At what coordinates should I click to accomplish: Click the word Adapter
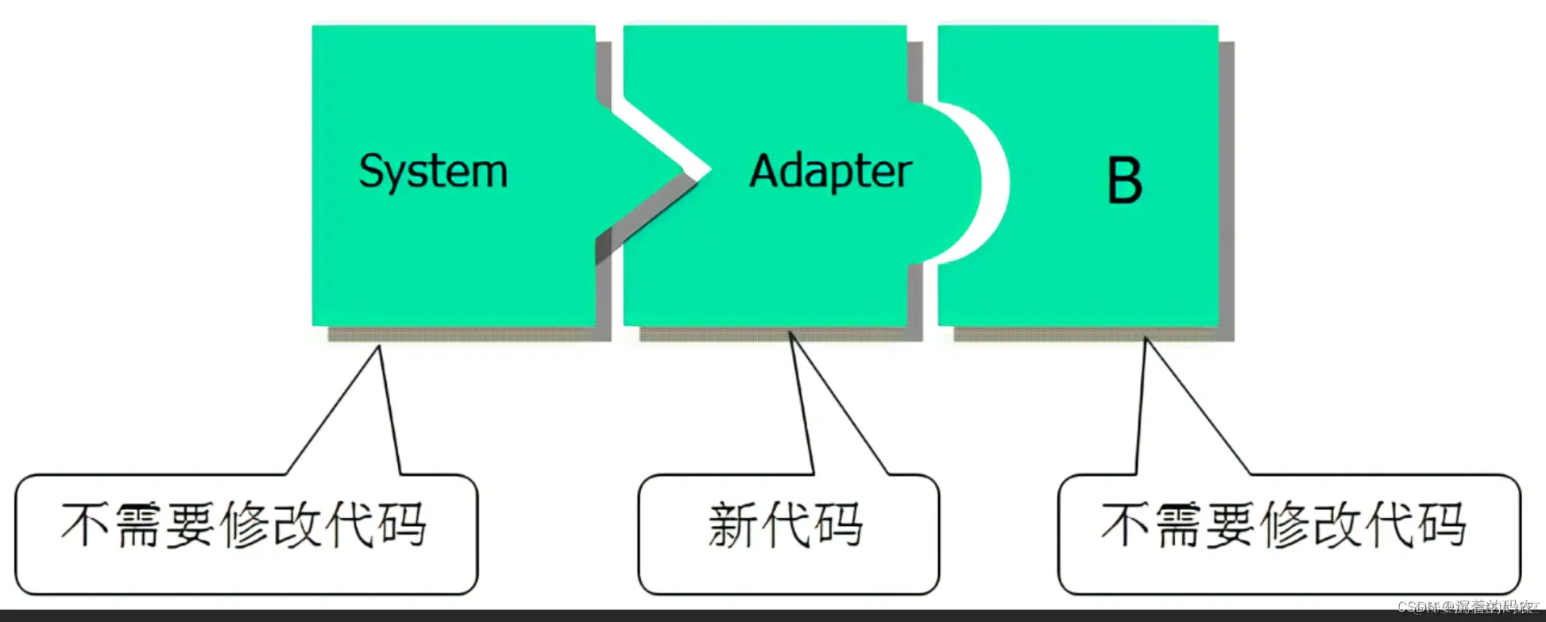click(830, 172)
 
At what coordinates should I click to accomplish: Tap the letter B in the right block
click(1124, 180)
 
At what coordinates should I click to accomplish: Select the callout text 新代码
click(786, 525)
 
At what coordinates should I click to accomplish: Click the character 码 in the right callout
click(1441, 525)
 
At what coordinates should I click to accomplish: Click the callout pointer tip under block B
click(1145, 339)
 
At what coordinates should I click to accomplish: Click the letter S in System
click(371, 172)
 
